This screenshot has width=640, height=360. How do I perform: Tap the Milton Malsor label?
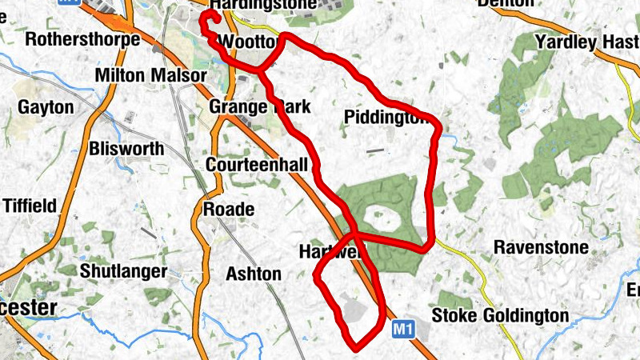pyautogui.click(x=150, y=75)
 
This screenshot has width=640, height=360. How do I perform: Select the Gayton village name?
pyautogui.click(x=46, y=107)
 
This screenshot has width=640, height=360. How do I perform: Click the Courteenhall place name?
pyautogui.click(x=257, y=165)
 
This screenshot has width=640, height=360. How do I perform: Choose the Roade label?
pyautogui.click(x=229, y=210)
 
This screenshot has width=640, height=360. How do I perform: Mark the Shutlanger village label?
pyautogui.click(x=123, y=271)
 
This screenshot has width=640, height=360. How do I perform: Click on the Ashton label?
pyautogui.click(x=254, y=274)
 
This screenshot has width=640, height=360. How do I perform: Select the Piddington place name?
pyautogui.click(x=392, y=118)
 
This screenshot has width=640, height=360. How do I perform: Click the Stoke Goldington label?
pyautogui.click(x=500, y=316)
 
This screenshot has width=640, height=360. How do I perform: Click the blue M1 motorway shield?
pyautogui.click(x=405, y=328)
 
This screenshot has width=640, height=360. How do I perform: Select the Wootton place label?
pyautogui.click(x=249, y=42)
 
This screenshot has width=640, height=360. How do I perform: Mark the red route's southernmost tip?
pyautogui.click(x=354, y=346)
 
